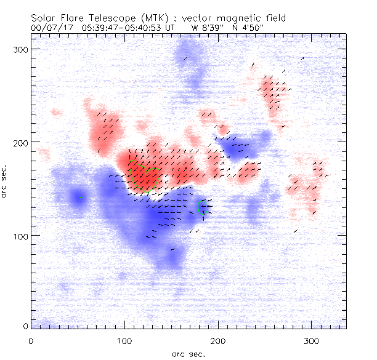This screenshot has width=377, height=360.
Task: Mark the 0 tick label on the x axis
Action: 31,340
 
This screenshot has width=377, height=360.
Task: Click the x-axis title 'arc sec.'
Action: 188,354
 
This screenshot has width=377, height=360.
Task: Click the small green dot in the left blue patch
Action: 80,197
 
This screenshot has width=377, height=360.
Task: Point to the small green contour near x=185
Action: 205,207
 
